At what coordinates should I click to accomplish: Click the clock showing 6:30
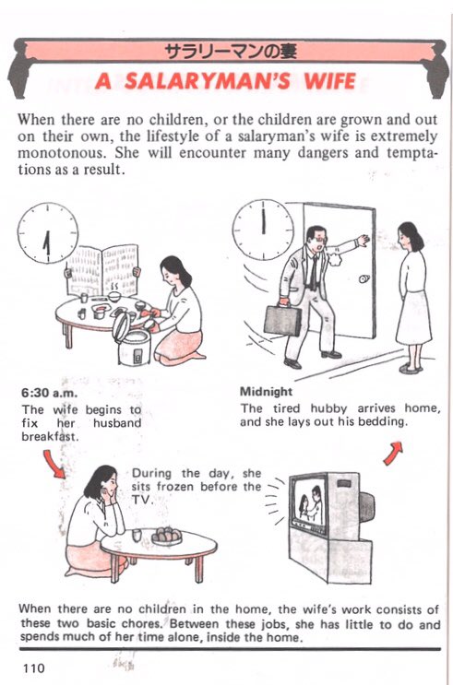coord(48,233)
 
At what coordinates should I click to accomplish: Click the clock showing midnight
coord(263,230)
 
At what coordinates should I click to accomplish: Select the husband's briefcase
coord(282,320)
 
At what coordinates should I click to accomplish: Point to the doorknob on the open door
coord(364,278)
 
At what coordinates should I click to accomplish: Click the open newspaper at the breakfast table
coord(102,269)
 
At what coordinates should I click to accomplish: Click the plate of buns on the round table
coord(166,536)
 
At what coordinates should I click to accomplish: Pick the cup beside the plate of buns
coord(137,535)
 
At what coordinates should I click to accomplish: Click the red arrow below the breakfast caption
coord(54,464)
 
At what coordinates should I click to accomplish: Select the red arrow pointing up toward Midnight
coord(393,453)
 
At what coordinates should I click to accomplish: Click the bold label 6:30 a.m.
coord(49,393)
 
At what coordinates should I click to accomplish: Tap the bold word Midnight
coord(266,392)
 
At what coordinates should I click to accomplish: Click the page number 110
coord(33,668)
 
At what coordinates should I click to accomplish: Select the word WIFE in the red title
coord(330,81)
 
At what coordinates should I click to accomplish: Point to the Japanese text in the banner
coord(231,52)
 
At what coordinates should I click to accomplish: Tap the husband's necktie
coord(314,272)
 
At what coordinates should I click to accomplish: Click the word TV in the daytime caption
coord(141,500)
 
